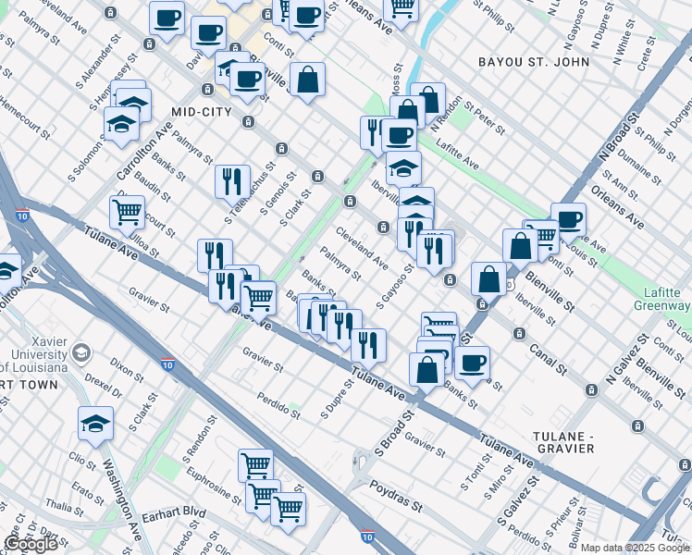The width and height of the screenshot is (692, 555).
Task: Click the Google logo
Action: [31, 544]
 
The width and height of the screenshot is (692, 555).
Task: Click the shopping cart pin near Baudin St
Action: [127, 212]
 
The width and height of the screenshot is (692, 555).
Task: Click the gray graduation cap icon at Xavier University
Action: [82, 352]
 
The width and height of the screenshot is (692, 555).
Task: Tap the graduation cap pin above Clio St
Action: [95, 424]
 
